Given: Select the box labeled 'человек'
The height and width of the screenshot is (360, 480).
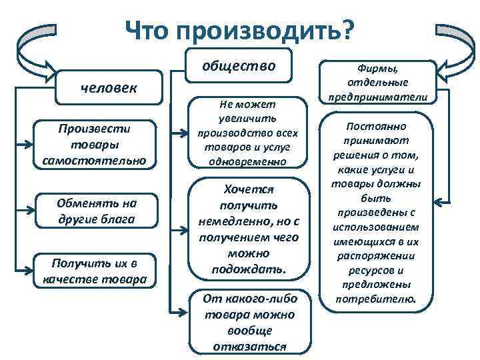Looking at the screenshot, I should [108, 87].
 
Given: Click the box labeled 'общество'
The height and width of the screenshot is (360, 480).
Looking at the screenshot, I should [239, 65].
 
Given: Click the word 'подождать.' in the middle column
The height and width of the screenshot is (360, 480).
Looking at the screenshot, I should [249, 269].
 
